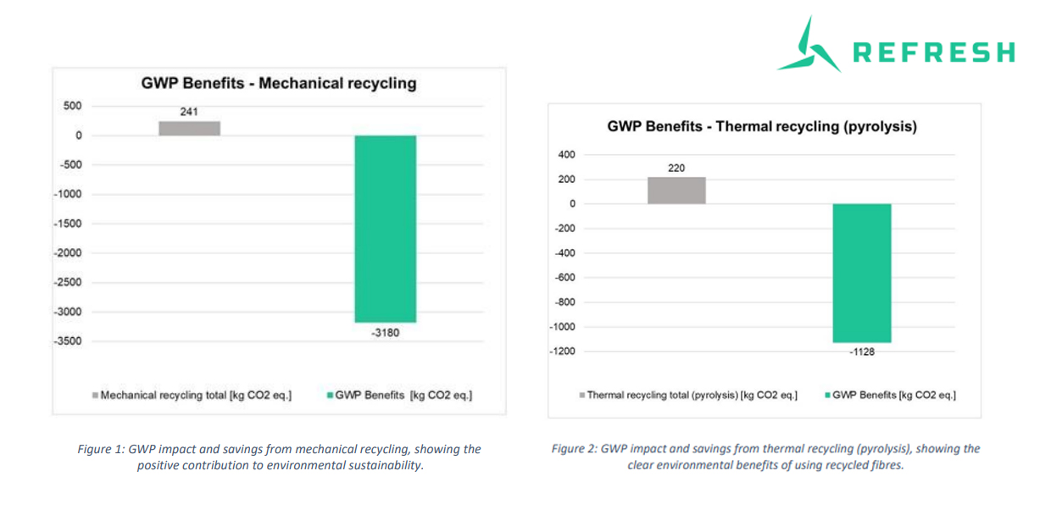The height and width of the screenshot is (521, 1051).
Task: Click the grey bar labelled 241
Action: [189, 128]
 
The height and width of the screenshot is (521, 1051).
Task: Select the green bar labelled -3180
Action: [385, 229]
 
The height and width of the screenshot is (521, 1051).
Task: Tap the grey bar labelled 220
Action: [676, 191]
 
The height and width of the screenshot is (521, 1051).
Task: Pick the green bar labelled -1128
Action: [862, 273]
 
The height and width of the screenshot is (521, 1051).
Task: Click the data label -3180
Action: [385, 333]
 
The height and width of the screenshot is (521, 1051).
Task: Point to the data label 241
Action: [189, 111]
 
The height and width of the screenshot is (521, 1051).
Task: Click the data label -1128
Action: [862, 352]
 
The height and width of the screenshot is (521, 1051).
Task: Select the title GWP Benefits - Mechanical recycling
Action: [278, 83]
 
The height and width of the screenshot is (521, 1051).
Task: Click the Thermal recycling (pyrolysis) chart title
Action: [762, 127]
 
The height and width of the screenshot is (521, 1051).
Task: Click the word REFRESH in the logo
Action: [932, 53]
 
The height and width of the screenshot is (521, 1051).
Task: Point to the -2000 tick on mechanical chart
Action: [67, 253]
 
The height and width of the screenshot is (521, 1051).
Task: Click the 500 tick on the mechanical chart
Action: [72, 106]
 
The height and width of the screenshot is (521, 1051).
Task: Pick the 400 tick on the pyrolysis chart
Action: [566, 155]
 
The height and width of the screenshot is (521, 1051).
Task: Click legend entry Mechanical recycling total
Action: [195, 396]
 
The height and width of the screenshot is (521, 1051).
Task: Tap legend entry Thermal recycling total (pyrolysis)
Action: [690, 396]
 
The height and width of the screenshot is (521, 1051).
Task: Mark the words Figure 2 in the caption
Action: [574, 449]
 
